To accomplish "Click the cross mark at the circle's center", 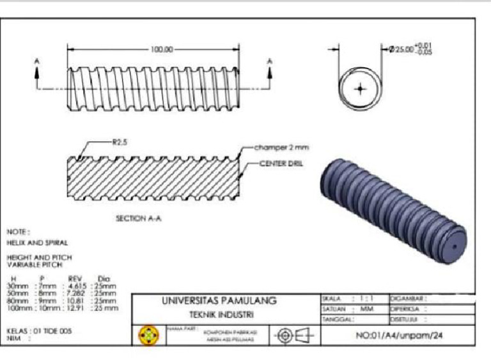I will pyautogui.click(x=361, y=88).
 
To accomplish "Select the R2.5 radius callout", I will pyautogui.click(x=120, y=143).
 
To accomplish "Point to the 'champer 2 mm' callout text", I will pyautogui.click(x=281, y=147).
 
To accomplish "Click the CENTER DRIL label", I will pyautogui.click(x=281, y=163).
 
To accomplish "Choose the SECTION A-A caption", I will pyautogui.click(x=138, y=218).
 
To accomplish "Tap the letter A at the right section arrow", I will pyautogui.click(x=269, y=61).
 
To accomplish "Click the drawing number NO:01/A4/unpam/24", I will pyautogui.click(x=398, y=334).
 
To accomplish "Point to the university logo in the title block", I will pyautogui.click(x=148, y=334).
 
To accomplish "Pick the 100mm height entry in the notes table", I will pyautogui.click(x=18, y=308).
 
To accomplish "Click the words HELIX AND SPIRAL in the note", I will pyautogui.click(x=37, y=243).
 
